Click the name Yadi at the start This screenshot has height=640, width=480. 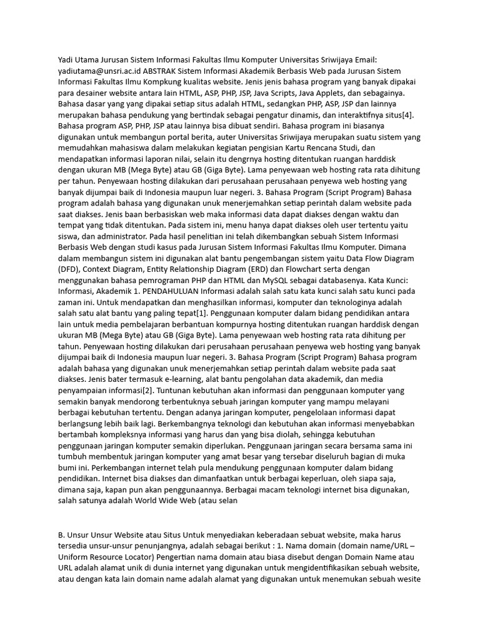coord(66,59)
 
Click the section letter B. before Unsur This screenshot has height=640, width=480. coord(61,533)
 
